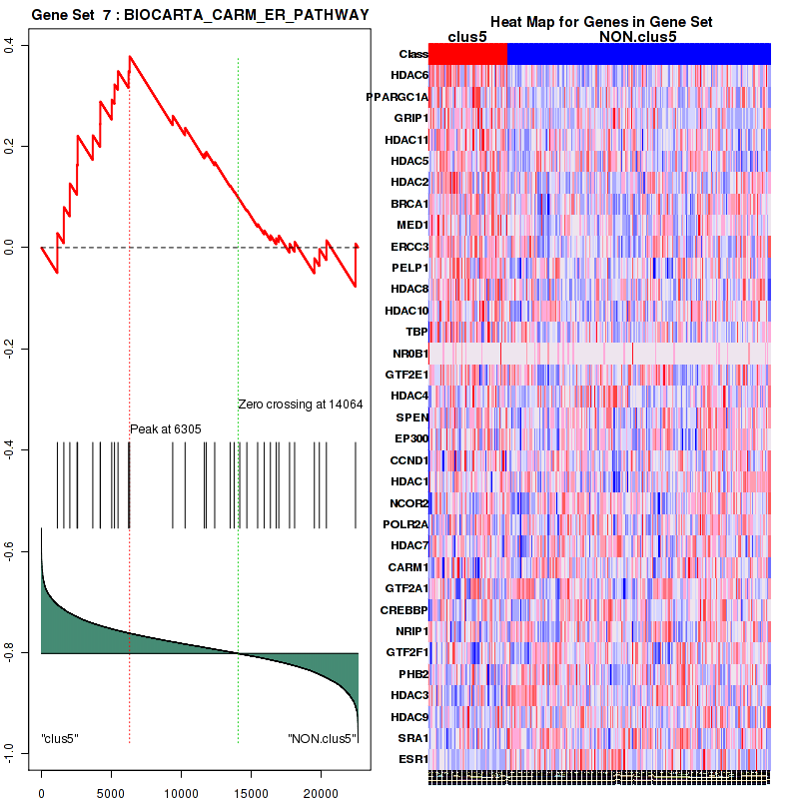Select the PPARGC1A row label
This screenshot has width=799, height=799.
(x=398, y=97)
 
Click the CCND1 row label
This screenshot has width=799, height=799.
(x=409, y=460)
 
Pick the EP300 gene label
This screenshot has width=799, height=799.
(x=410, y=438)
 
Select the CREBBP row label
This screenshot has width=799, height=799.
(x=404, y=609)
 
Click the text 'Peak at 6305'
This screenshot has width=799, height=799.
(x=166, y=429)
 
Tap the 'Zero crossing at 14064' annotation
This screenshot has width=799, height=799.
(x=300, y=404)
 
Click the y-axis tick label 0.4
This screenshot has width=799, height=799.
(x=20, y=44)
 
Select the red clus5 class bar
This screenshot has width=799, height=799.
(x=467, y=54)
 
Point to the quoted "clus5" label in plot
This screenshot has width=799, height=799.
(x=60, y=738)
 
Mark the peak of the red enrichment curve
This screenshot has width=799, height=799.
(x=129, y=56)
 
